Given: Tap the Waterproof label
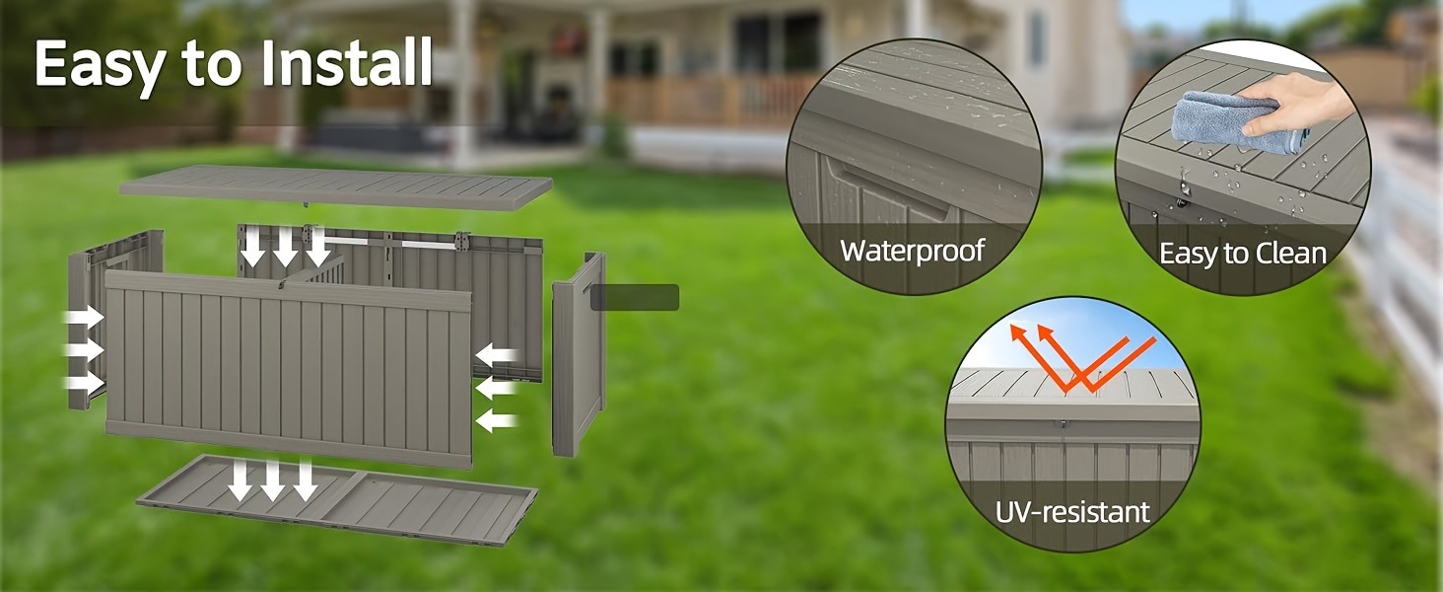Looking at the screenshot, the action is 912,250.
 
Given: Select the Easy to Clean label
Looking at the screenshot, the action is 1242,254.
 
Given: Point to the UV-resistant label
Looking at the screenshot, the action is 1071,512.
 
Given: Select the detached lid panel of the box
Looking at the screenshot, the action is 335,186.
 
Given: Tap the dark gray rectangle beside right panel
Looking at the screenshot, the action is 635,297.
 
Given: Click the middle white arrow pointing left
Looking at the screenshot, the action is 497,388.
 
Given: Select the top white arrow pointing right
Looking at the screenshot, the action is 85,318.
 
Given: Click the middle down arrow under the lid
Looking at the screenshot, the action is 285,245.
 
